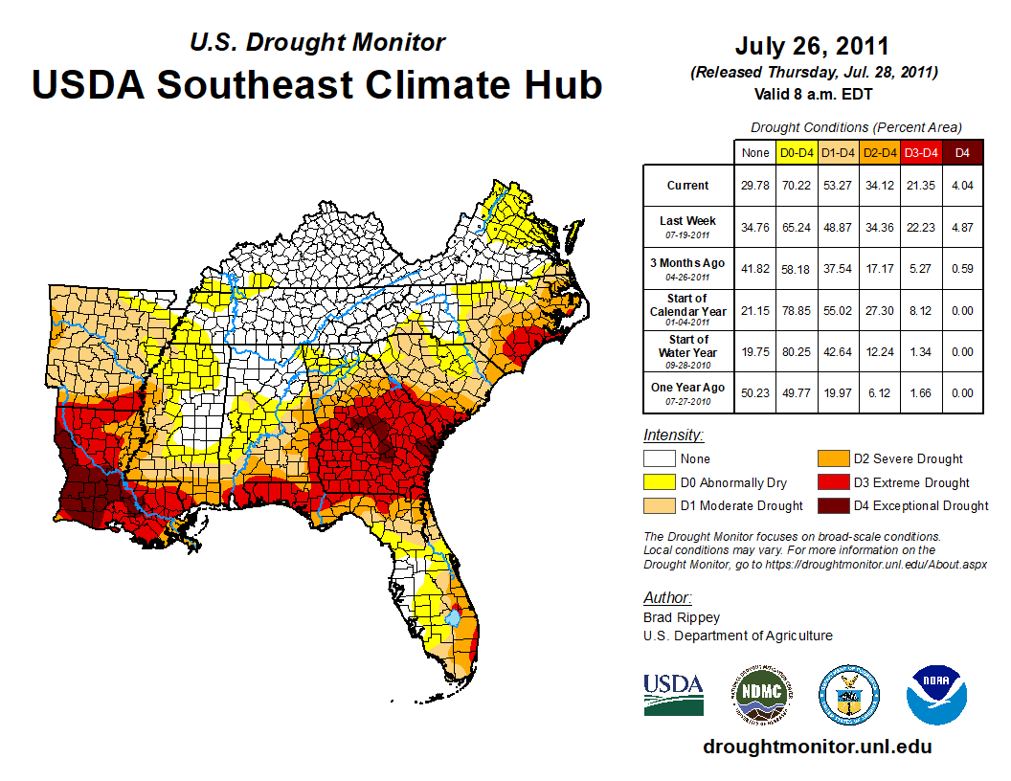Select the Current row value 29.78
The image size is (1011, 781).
[x=755, y=186]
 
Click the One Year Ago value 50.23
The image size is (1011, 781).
[x=755, y=392]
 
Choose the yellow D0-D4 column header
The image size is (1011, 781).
[x=797, y=152]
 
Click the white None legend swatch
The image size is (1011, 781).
[x=659, y=459]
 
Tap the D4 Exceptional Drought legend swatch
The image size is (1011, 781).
[x=831, y=505]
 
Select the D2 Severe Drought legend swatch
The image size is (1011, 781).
[x=831, y=459]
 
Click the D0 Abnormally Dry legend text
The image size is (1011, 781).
[x=733, y=482]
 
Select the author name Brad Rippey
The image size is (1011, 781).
[x=681, y=617]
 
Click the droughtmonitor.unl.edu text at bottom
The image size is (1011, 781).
[x=817, y=747]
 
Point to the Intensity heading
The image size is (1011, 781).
[x=673, y=435]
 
